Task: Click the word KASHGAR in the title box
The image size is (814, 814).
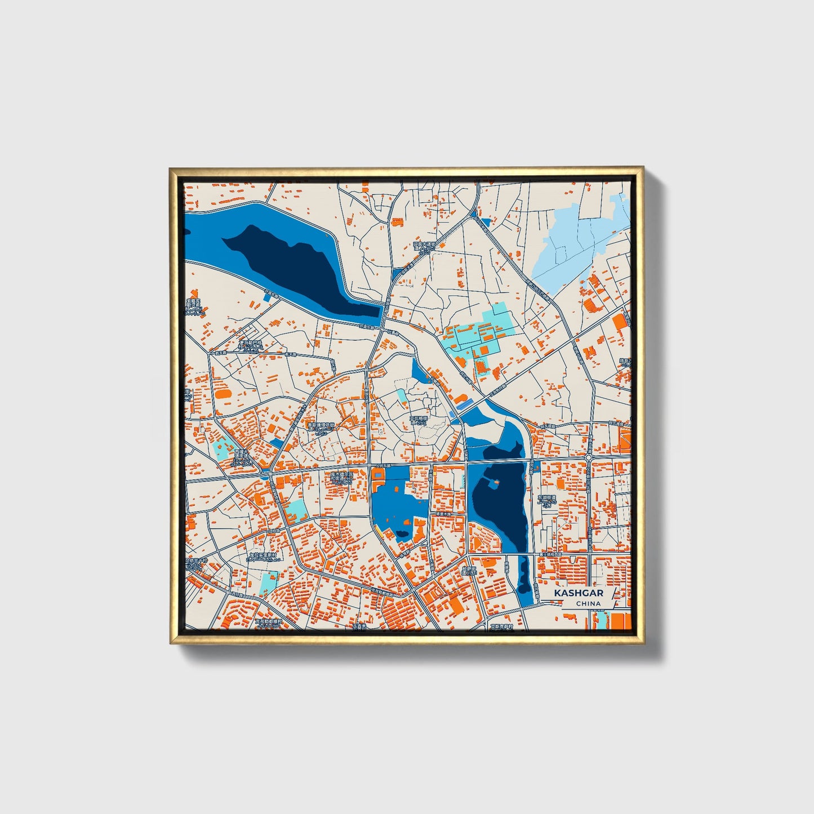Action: (578, 593)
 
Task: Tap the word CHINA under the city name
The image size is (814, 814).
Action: (588, 604)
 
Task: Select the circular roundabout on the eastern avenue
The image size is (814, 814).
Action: (588, 459)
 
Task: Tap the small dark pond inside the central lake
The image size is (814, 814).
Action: (402, 533)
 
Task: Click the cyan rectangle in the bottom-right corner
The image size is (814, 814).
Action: (602, 620)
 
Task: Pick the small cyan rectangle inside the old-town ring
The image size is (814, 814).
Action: (402, 395)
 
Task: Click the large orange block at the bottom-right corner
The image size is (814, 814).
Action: (621, 621)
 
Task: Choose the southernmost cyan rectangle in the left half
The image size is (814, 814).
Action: (269, 580)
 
